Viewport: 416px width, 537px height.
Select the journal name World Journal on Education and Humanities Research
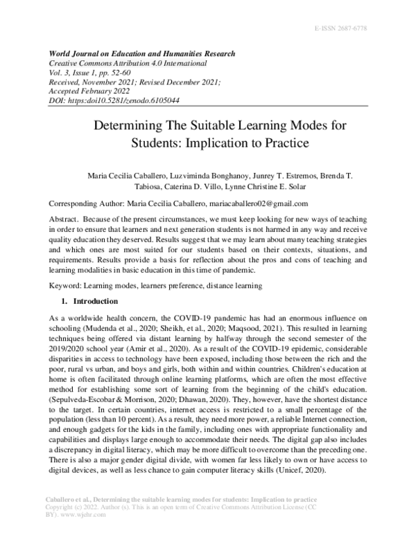[141, 54]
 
